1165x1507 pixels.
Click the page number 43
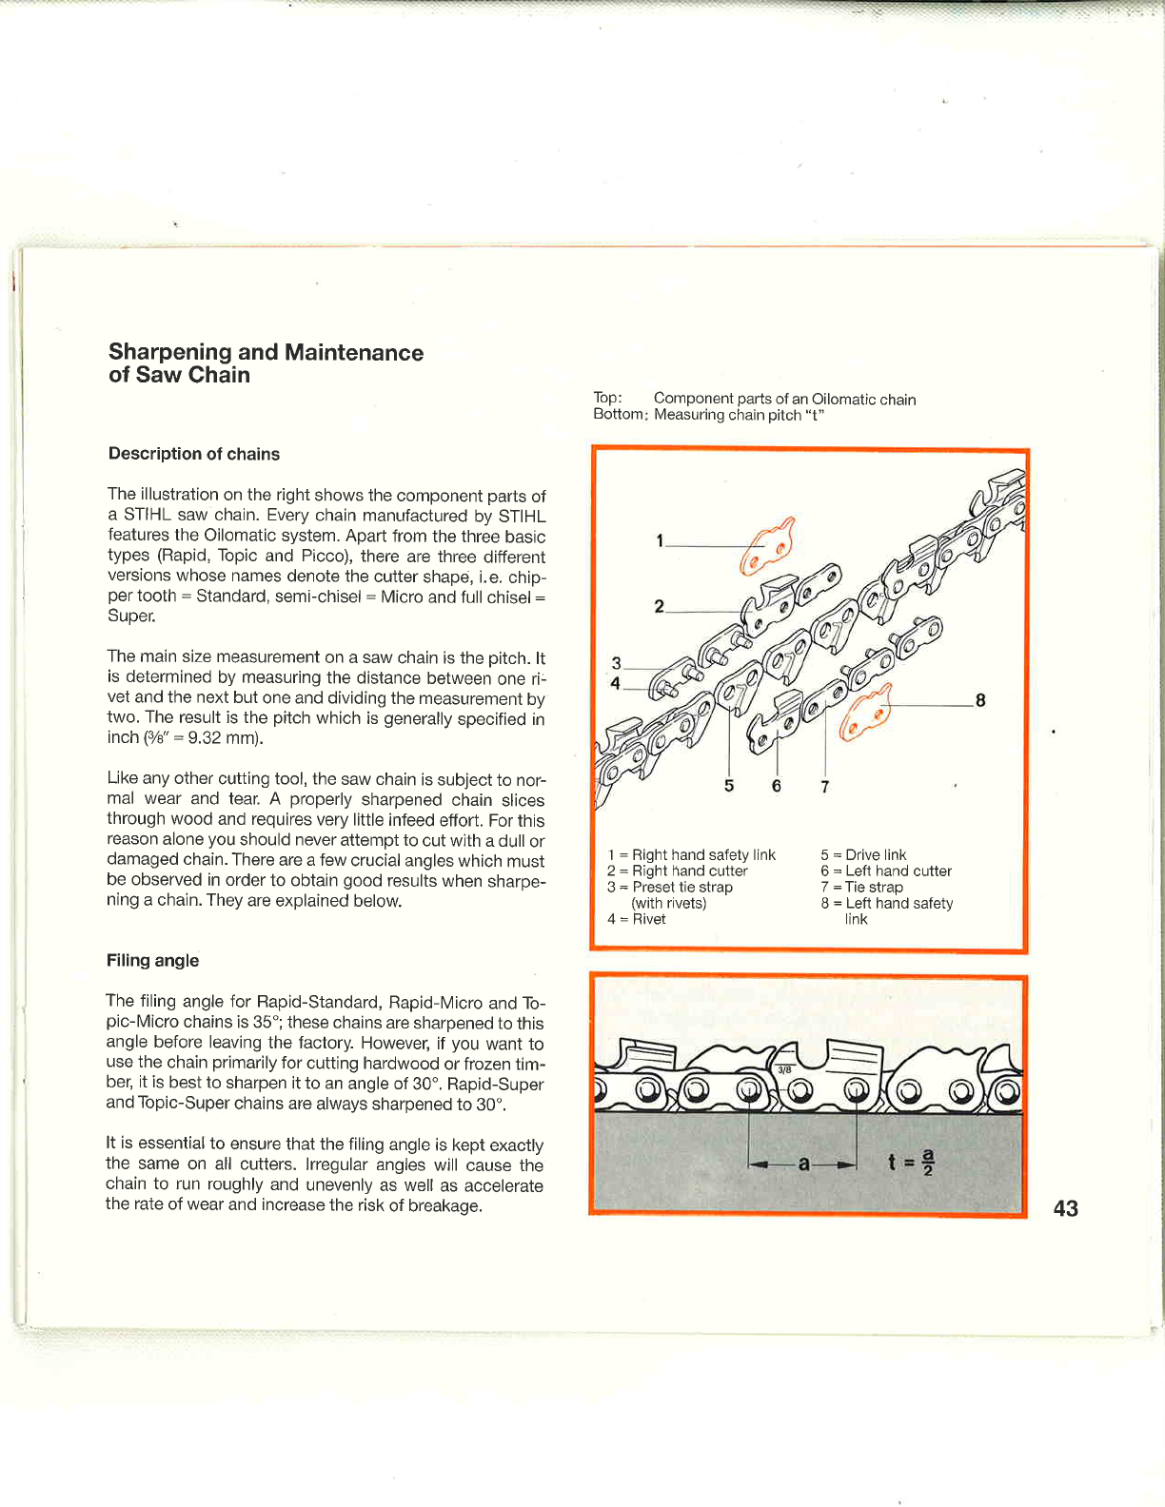click(1065, 1208)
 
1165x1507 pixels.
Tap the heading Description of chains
click(194, 454)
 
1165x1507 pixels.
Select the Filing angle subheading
click(152, 961)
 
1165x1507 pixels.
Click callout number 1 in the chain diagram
click(660, 540)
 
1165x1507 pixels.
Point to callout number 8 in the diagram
click(980, 701)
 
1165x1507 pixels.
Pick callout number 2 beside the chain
click(659, 606)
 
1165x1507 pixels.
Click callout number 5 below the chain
click(729, 786)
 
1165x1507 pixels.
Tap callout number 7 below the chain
click(824, 787)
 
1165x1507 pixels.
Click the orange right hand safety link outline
click(767, 549)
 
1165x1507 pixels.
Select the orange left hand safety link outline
click(866, 712)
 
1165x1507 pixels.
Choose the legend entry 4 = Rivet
click(636, 919)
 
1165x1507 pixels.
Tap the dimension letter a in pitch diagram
click(803, 1163)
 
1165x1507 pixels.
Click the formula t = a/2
click(911, 1162)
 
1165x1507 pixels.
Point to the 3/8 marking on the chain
click(784, 1069)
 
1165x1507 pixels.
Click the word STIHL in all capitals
click(522, 517)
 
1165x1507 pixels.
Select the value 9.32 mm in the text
click(226, 738)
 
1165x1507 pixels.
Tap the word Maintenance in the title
click(354, 353)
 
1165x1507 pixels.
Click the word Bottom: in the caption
click(620, 415)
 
